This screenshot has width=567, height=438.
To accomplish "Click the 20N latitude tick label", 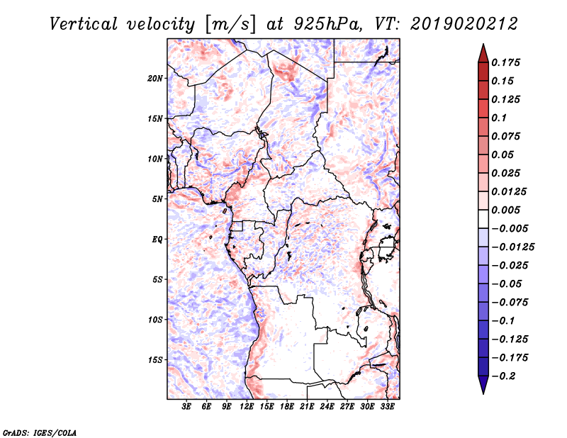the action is (155, 79).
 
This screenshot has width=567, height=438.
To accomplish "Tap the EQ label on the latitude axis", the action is (157, 240).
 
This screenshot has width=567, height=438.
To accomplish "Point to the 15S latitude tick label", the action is (155, 360).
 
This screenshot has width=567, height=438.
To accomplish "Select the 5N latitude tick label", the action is (157, 199).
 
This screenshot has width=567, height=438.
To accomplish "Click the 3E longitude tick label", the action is (186, 407).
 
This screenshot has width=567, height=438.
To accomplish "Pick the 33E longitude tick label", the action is (387, 407).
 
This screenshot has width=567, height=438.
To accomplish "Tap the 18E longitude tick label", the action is (287, 407).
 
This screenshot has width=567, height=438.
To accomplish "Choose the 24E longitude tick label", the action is (327, 407).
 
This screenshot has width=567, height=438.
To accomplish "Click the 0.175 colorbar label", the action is (505, 62).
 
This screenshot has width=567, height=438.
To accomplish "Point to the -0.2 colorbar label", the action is (503, 376).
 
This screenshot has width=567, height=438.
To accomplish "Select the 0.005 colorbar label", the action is (505, 210).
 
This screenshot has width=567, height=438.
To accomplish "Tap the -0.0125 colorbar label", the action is (512, 247).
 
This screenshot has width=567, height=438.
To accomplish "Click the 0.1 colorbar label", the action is (499, 118).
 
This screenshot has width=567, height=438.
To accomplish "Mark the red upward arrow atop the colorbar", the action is (483, 53).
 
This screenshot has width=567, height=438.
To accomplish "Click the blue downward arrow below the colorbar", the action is (483, 385).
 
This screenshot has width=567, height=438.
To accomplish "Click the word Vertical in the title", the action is (84, 24).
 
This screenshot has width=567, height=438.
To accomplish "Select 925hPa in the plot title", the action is (328, 24).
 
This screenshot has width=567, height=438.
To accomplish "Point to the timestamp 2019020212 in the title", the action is (464, 24).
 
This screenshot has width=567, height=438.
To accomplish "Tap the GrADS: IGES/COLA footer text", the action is (40, 432).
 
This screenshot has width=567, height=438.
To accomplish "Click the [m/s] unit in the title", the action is (230, 25).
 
